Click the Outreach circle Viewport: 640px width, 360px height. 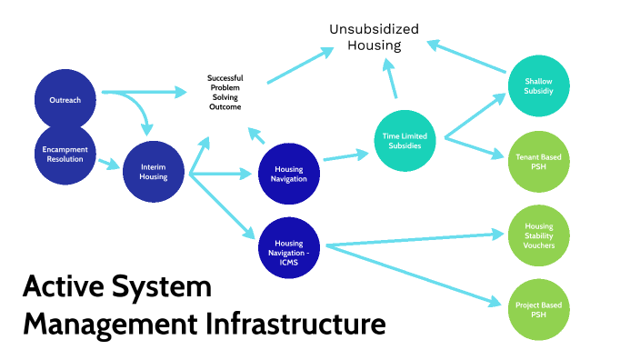point(65,99)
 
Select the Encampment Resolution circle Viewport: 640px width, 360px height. point(65,154)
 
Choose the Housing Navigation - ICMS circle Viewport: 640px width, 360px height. point(289,246)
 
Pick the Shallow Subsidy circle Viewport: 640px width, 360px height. point(538,85)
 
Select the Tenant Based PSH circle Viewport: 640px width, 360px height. point(538,162)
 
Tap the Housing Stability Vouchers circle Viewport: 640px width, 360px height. point(538,235)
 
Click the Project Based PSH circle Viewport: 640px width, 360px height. point(538,309)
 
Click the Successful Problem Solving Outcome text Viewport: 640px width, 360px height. point(225,92)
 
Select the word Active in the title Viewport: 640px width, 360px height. point(60,289)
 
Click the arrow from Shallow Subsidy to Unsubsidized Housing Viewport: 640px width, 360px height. point(467,57)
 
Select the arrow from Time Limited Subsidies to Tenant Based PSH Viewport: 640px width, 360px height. point(473,148)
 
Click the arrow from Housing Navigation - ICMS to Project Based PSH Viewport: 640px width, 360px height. point(414,274)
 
